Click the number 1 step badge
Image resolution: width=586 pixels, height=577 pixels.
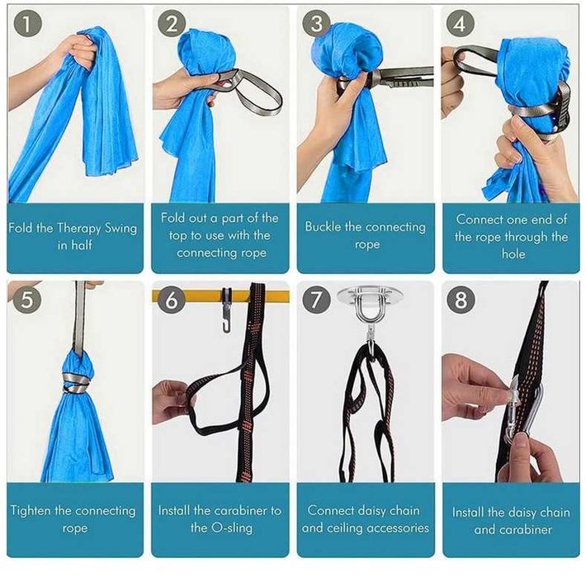[x=28, y=23]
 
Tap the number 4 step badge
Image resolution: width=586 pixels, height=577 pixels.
[x=461, y=23]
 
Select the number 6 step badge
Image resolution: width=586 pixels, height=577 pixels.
[x=172, y=300]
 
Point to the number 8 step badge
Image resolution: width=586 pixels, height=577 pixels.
[x=461, y=300]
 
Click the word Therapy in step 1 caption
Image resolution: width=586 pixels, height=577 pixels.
[x=79, y=229]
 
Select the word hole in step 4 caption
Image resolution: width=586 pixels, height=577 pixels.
[x=513, y=253]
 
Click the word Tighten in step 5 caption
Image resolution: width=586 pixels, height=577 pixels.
[x=31, y=510]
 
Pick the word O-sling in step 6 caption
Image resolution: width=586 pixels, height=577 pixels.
[x=232, y=527]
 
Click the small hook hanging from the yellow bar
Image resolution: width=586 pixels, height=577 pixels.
[x=226, y=310]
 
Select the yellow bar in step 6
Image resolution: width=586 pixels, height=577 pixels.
[x=220, y=296]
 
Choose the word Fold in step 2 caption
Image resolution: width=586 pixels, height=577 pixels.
[x=170, y=217]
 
